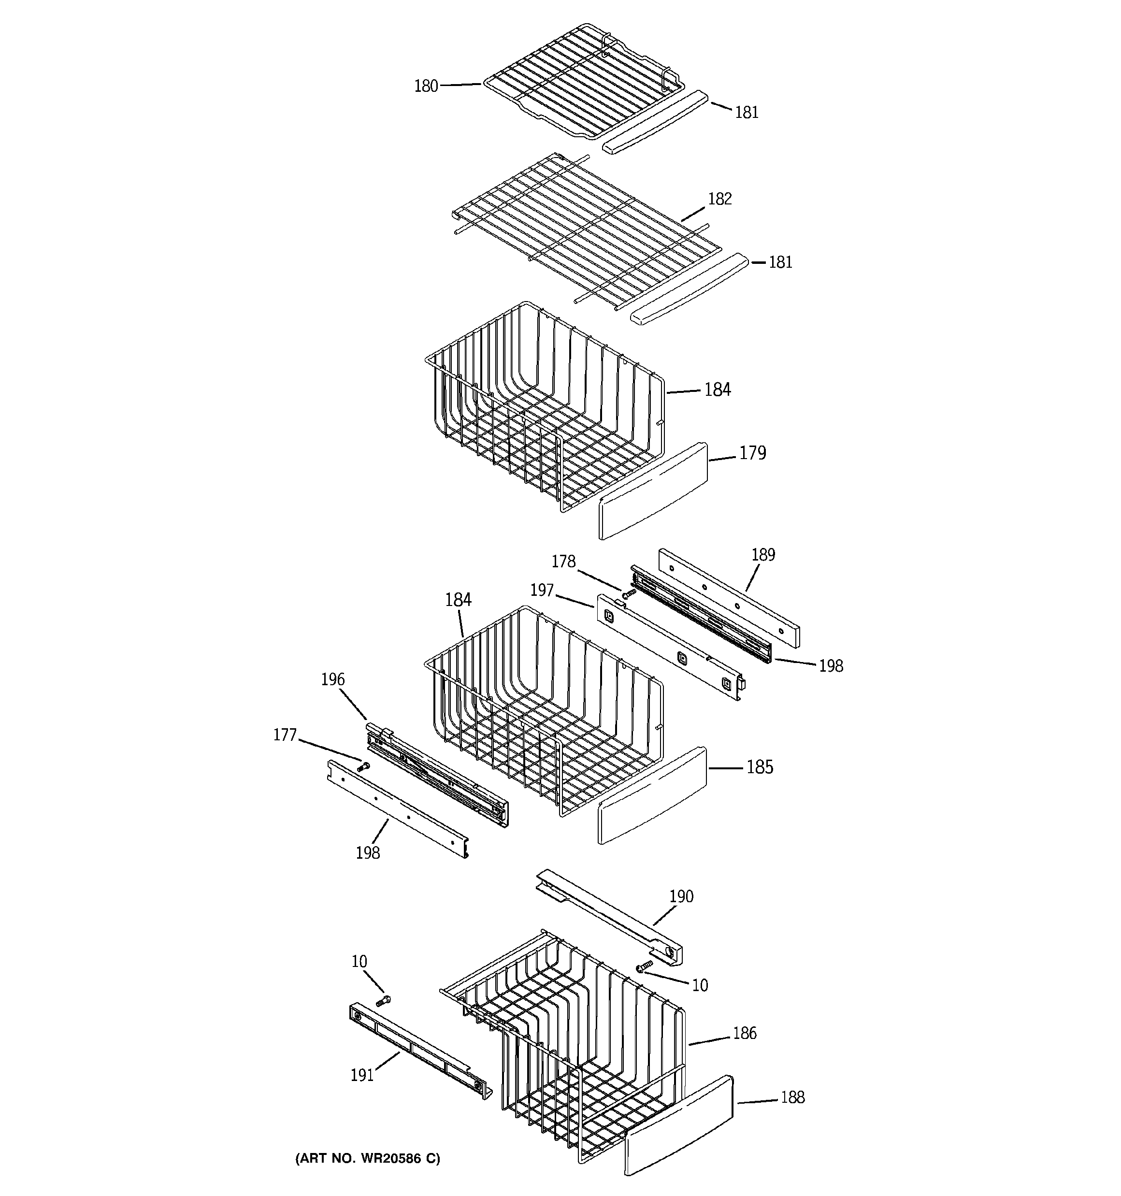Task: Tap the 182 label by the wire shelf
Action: coord(719,199)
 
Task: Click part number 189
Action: coord(763,555)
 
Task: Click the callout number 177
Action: coord(285,735)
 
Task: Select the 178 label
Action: coord(563,562)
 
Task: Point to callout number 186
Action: coord(744,1033)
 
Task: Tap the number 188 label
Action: coord(792,1097)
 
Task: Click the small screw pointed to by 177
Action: coord(363,766)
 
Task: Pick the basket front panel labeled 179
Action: coord(653,491)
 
